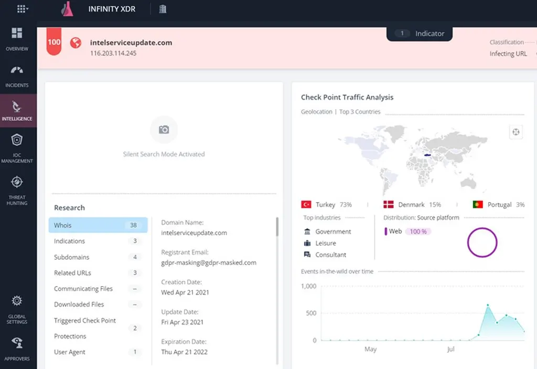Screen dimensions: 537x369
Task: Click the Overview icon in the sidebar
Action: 17,33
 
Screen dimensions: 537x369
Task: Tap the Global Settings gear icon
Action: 17,301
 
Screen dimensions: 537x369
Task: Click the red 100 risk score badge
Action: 54,41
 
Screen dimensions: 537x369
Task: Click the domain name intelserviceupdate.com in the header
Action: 131,43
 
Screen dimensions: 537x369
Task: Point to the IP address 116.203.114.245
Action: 113,53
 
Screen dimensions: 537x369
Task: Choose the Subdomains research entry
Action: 71,257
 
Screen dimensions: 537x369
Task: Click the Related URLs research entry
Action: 72,272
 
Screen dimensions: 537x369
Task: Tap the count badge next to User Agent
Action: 135,352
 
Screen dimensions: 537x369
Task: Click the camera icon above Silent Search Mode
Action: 164,130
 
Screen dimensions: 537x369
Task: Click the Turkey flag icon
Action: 306,204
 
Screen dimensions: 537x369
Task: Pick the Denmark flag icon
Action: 389,204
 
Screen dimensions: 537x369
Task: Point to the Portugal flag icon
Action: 478,204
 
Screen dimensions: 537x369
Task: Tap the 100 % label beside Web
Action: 418,231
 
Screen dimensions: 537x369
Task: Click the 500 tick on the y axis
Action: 311,313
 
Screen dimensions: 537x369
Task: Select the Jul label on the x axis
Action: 450,349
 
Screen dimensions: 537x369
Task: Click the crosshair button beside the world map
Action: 516,132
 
